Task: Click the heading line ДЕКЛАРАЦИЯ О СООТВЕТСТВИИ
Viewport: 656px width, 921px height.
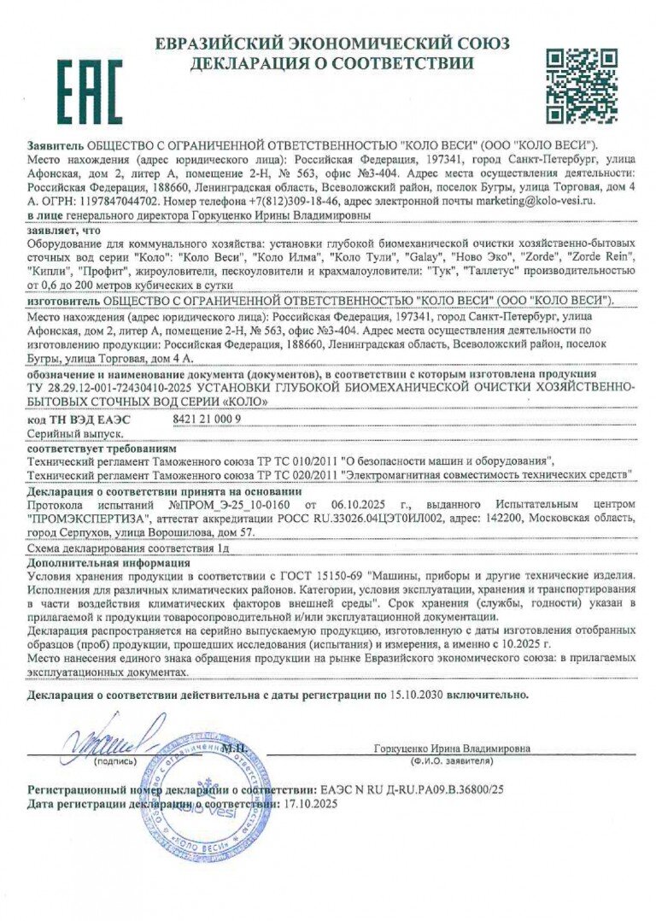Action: coord(331,63)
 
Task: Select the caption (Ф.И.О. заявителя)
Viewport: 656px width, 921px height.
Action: coord(452,759)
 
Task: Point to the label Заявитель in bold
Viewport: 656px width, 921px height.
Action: coord(56,146)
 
